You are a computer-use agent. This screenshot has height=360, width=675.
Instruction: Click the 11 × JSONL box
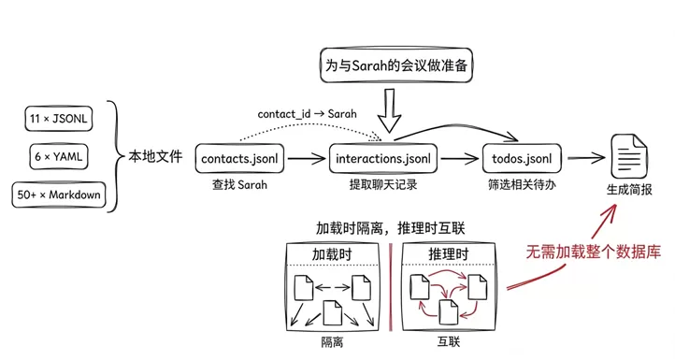click(59, 119)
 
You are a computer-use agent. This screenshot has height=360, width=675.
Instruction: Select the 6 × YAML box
click(59, 156)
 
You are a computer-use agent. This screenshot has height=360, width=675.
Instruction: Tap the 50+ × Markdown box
click(59, 194)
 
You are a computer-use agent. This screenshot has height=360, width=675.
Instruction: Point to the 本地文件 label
click(155, 156)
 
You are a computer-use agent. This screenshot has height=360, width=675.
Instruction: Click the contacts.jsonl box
click(239, 158)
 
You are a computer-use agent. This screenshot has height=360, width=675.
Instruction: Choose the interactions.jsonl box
click(383, 158)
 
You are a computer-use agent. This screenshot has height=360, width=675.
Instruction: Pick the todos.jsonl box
click(522, 158)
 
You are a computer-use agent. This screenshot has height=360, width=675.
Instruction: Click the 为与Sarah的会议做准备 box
click(396, 65)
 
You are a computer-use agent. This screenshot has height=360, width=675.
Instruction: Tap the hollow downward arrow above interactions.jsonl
click(389, 110)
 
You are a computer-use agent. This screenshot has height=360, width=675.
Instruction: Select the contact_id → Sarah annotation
click(307, 114)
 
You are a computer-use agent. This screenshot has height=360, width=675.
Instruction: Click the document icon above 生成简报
click(628, 156)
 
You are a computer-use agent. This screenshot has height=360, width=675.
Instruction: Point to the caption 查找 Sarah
click(239, 185)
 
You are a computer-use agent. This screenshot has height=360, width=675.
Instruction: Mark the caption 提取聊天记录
click(383, 185)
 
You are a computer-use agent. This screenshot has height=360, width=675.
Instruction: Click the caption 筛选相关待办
click(522, 185)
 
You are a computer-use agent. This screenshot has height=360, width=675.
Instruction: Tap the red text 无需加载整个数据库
click(593, 252)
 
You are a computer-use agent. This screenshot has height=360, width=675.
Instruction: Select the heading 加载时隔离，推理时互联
click(391, 228)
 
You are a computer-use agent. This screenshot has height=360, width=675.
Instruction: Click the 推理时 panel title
click(448, 254)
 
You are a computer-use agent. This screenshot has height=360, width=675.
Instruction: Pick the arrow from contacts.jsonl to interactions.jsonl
click(307, 158)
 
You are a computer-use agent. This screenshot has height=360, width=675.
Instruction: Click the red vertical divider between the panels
click(391, 287)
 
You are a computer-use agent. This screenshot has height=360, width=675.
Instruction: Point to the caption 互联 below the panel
click(449, 342)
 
